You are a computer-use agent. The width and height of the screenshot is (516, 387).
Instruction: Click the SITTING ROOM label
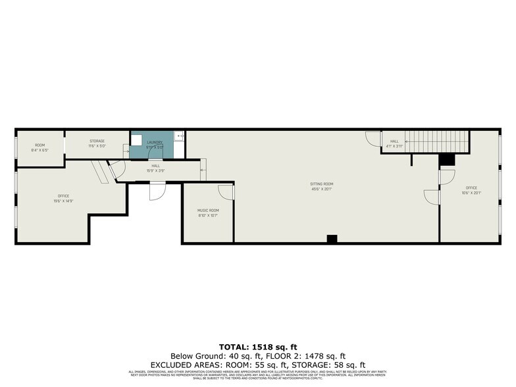(322, 184)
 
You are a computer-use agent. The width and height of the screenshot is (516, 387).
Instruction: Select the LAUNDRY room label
(155, 142)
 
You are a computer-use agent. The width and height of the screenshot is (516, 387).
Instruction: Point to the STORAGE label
(97, 141)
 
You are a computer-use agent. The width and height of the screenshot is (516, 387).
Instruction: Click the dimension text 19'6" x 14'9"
(63, 201)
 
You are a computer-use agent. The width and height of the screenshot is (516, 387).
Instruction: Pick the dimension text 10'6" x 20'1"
(471, 193)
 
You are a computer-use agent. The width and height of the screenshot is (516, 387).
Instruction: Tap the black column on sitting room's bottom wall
(332, 239)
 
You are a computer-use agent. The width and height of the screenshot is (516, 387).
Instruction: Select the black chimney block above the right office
(447, 159)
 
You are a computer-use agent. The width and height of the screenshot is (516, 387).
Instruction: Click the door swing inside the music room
(226, 192)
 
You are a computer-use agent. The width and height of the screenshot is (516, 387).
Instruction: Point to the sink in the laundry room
(136, 138)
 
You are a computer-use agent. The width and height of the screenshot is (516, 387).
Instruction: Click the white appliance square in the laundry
(179, 136)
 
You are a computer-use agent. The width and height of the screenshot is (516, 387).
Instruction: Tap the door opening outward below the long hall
(157, 191)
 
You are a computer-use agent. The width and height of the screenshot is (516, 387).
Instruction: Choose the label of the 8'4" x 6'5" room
(40, 145)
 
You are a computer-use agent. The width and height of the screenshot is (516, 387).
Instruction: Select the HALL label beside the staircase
(394, 141)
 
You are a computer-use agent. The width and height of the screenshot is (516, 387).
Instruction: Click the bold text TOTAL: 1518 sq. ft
(258, 346)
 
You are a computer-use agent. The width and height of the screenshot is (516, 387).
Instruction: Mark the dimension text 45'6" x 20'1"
(322, 189)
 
